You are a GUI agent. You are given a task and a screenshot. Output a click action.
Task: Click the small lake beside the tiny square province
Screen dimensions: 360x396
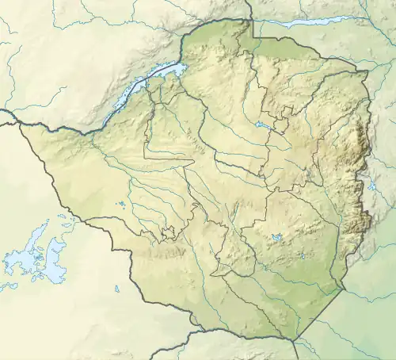pos(262,125)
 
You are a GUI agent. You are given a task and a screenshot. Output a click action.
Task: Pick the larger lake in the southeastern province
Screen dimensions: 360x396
pos(276,237)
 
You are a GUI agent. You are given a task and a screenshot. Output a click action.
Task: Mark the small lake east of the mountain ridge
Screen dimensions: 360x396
pos(372,186)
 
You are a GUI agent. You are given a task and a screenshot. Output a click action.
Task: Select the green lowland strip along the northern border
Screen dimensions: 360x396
pos(285,48)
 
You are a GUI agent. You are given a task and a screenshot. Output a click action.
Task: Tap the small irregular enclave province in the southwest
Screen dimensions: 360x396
pos(168,233)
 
